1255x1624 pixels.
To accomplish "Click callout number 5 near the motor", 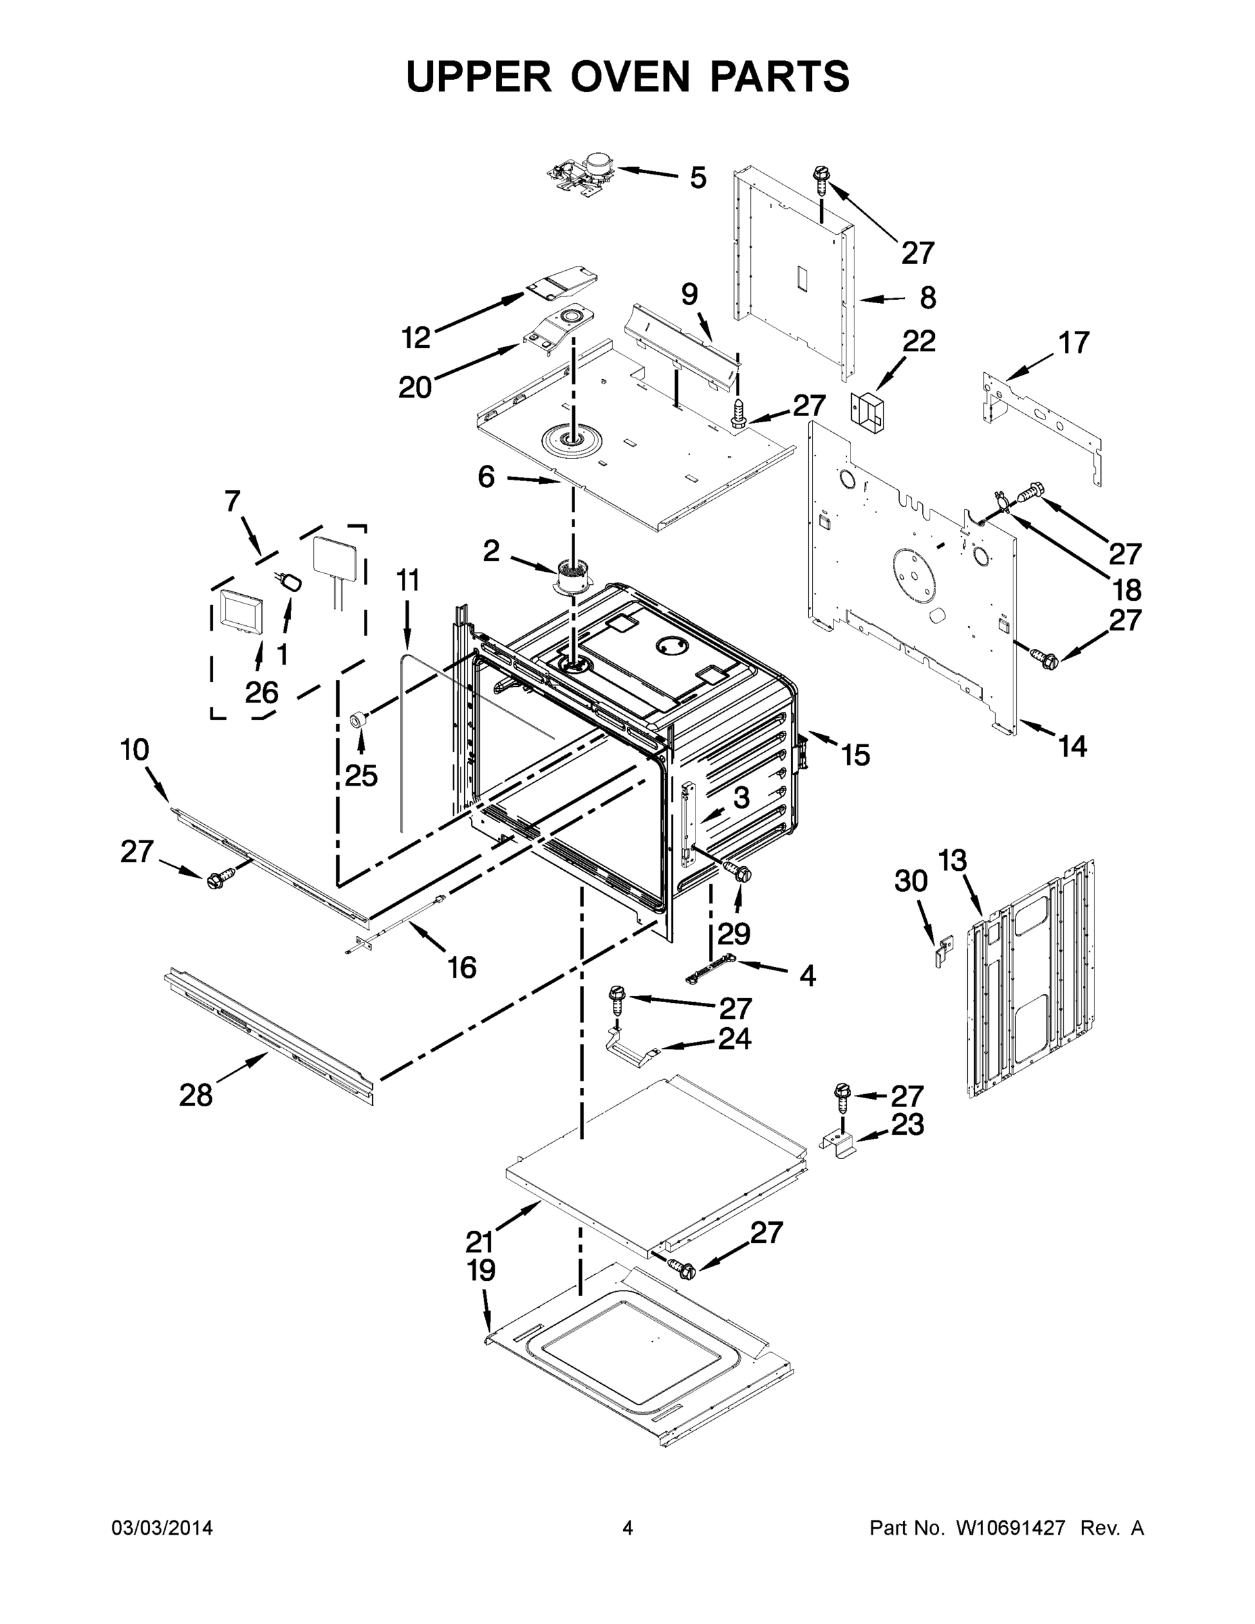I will [x=698, y=179].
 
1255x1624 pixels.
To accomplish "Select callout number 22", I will [x=918, y=341].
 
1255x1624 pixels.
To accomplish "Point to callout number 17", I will [x=1074, y=343].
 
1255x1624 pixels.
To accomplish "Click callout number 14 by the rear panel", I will [x=1072, y=746].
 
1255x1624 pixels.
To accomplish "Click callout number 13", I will [x=952, y=860].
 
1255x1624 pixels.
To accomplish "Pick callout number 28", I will [x=196, y=1096].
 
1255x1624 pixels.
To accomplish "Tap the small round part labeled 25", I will [x=360, y=719].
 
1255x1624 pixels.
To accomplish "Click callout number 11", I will [x=407, y=580].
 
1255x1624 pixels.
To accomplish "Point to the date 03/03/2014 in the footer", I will [x=162, y=1528].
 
